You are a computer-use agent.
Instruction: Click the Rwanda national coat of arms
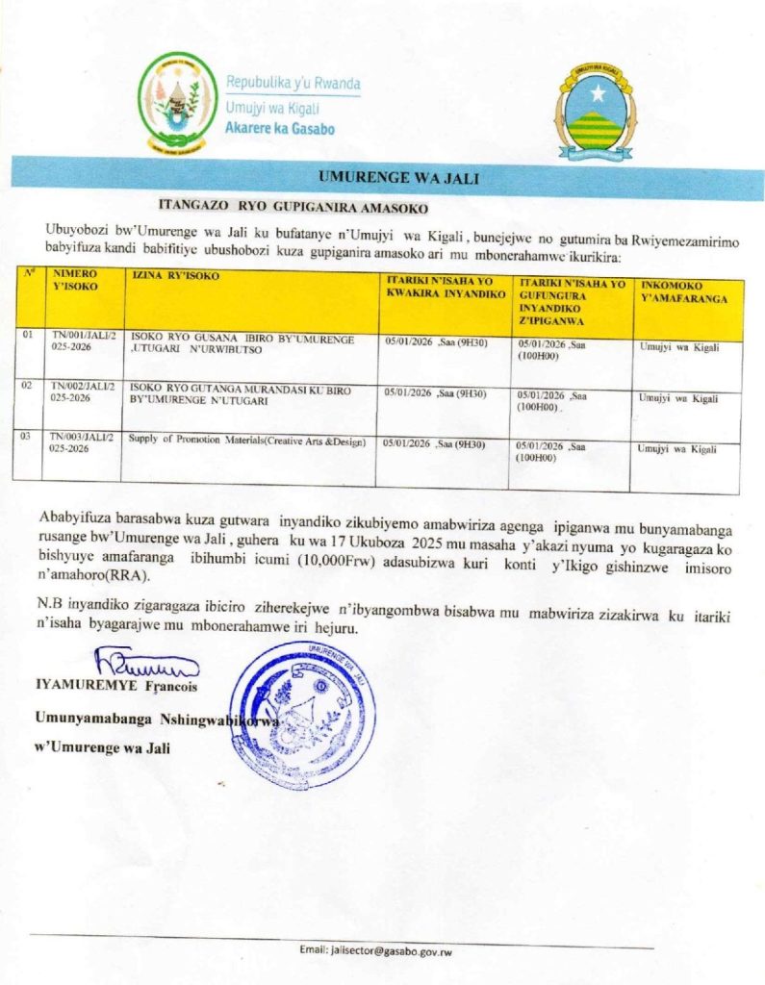[x=177, y=103]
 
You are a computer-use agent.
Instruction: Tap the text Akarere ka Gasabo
[x=279, y=128]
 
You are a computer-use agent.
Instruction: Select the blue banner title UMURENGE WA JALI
[x=384, y=177]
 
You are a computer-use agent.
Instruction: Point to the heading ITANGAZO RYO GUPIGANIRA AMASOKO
[x=293, y=206]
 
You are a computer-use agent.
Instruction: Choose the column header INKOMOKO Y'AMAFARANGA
[x=683, y=291]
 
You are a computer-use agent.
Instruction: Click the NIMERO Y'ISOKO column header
[x=74, y=279]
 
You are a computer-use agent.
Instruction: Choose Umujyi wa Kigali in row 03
[x=678, y=448]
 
